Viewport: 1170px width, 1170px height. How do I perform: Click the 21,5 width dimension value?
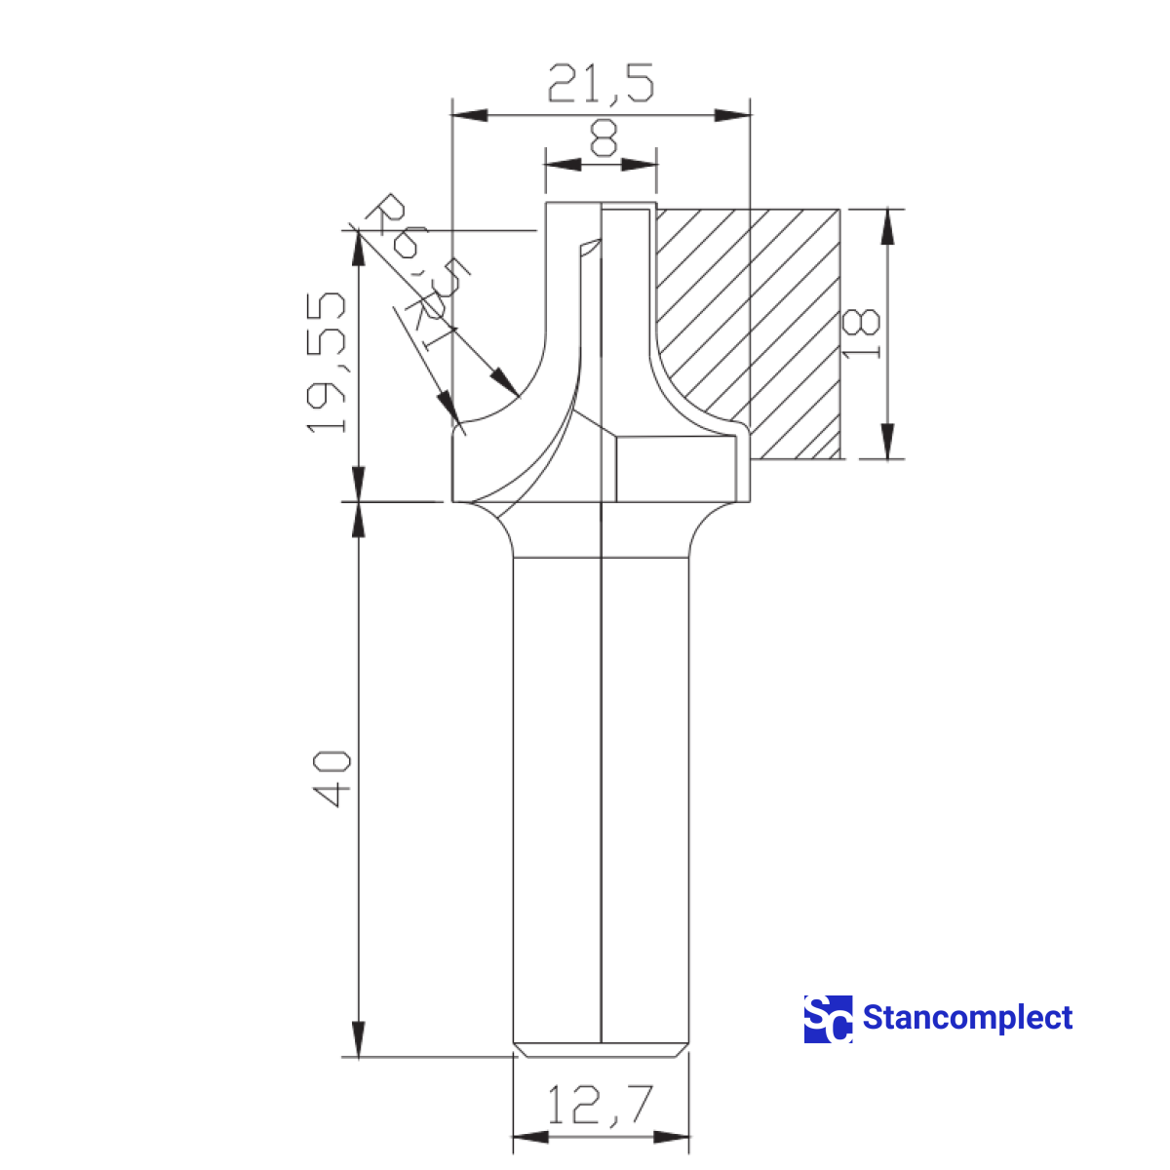[600, 84]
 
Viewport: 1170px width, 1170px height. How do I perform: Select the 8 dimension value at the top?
[604, 137]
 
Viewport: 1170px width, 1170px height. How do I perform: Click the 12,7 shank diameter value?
[599, 1106]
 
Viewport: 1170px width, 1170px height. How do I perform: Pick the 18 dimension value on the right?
[862, 333]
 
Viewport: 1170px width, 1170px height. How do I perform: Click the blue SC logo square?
[828, 1019]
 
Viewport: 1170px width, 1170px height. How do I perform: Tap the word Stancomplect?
[967, 1019]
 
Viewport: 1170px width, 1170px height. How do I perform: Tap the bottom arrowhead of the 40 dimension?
[359, 1037]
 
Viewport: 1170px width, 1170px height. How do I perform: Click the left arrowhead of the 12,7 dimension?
[530, 1138]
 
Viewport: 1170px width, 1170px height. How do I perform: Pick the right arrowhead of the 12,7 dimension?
[672, 1138]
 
